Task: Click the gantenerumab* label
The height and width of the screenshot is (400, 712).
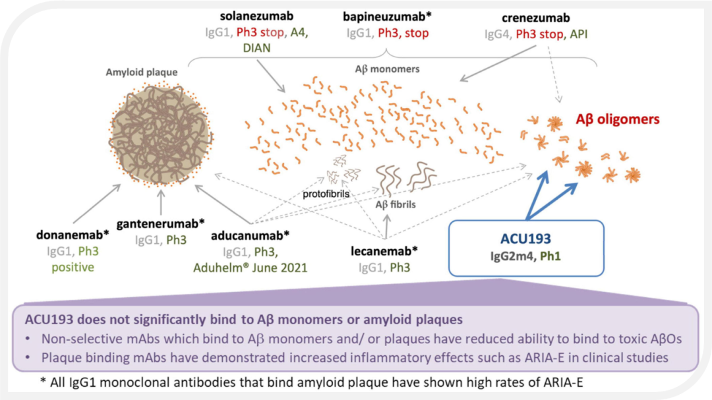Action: [162, 223]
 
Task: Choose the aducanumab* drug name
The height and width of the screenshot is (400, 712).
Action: [251, 235]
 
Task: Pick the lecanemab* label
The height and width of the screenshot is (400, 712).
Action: [386, 251]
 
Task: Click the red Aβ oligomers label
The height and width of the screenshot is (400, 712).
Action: [618, 119]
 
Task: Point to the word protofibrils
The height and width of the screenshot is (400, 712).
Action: [326, 194]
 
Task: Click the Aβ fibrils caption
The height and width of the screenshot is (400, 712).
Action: [396, 204]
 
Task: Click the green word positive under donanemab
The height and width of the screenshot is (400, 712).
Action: [74, 267]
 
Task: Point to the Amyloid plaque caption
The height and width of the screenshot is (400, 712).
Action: [142, 72]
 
